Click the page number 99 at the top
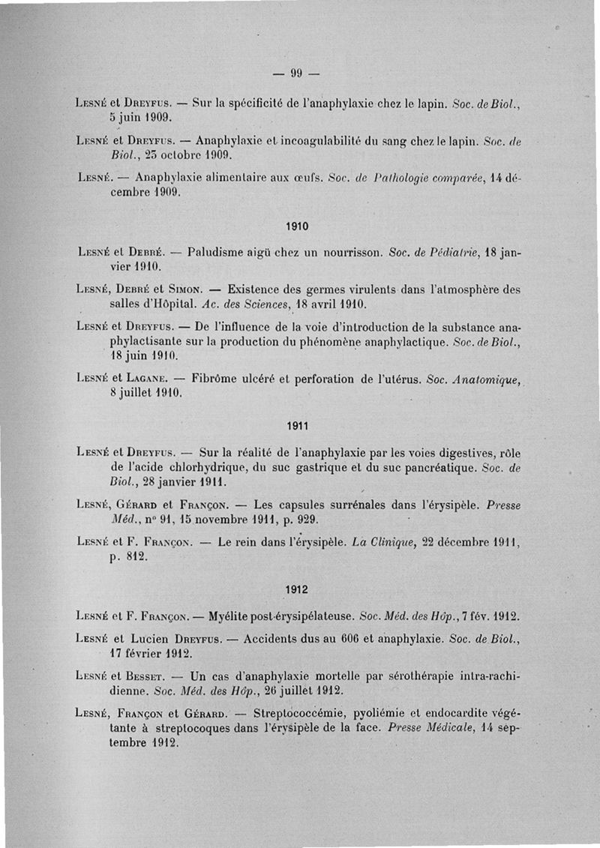point(295,73)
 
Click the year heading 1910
point(298,226)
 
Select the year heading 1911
point(298,425)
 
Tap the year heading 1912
point(298,589)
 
